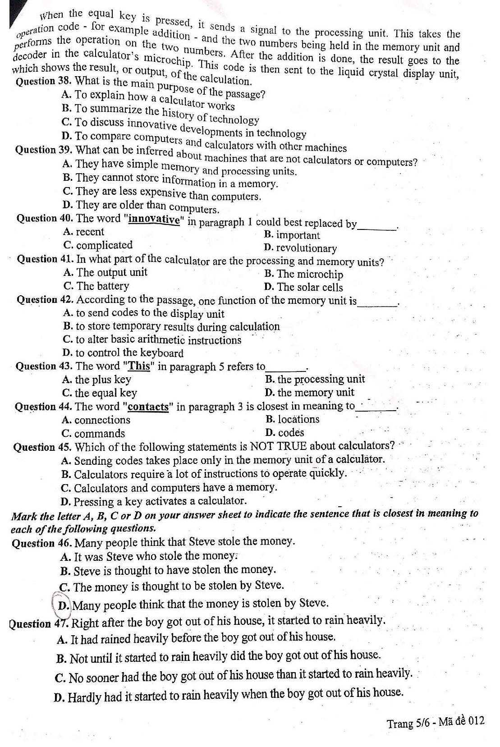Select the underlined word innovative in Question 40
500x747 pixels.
click(155, 220)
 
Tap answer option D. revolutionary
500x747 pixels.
click(301, 248)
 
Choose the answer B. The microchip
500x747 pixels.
click(304, 274)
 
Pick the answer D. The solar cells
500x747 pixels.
click(304, 287)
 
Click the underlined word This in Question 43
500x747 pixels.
click(140, 366)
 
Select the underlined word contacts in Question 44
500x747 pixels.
click(148, 407)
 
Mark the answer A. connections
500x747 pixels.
click(96, 420)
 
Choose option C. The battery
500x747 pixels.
click(96, 286)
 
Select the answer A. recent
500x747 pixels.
click(84, 232)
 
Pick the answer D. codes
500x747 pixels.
click(285, 433)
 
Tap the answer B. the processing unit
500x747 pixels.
click(315, 379)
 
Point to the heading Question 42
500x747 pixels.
click(46, 300)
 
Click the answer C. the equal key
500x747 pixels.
click(100, 393)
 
